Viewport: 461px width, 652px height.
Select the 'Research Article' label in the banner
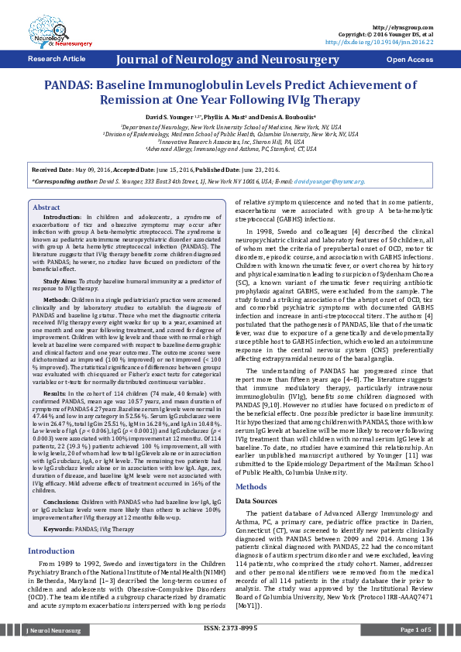tap(57, 59)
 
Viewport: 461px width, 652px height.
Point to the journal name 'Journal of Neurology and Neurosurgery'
tap(230, 60)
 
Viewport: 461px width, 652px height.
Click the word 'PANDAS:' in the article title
tap(71, 86)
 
